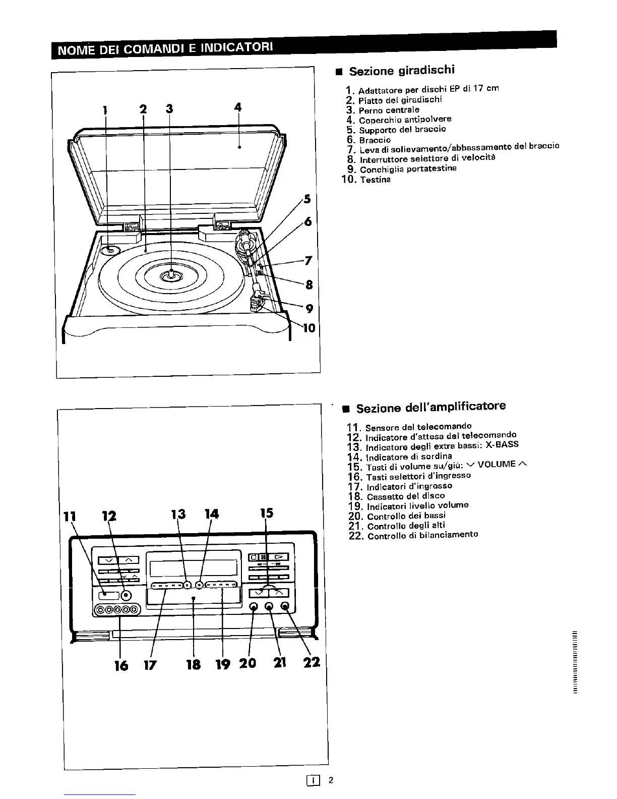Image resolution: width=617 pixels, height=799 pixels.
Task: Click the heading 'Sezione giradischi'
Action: [402, 71]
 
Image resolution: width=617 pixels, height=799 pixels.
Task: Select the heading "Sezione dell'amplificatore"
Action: [430, 407]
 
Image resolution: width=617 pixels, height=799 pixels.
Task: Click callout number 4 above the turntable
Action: [238, 107]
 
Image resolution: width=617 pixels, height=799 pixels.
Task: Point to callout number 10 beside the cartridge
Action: [309, 328]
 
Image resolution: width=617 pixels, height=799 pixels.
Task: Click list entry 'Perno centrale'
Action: [389, 110]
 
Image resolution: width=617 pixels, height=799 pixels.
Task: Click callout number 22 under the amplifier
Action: [312, 662]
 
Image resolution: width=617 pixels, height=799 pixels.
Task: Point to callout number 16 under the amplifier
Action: [121, 665]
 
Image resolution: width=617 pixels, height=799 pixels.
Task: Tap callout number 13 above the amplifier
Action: [178, 514]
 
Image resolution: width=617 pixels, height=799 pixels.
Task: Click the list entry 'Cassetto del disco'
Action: [406, 496]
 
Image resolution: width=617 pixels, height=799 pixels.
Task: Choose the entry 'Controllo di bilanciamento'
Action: [422, 535]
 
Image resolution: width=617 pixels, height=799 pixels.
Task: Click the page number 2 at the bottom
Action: [331, 780]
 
